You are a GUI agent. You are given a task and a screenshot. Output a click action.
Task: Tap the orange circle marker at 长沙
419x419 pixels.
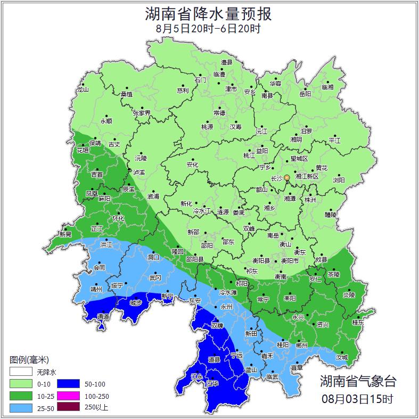pyautogui.click(x=287, y=177)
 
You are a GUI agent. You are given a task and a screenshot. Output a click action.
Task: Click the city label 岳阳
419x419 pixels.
pyautogui.click(x=305, y=94)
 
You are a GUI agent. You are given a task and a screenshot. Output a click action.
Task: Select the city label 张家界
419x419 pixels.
pyautogui.click(x=142, y=113)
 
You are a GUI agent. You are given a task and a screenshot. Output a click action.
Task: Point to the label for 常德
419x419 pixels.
pyautogui.click(x=219, y=113)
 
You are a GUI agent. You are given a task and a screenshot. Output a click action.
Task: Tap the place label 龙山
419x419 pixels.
pyautogui.click(x=83, y=89)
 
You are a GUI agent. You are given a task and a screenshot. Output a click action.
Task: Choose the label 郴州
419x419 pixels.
pyautogui.click(x=301, y=344)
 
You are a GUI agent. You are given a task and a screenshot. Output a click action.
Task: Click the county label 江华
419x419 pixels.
pyautogui.click(x=213, y=383)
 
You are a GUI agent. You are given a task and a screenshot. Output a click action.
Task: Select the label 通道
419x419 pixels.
pyautogui.click(x=103, y=317)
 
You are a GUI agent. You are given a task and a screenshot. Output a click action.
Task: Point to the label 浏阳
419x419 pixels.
pyautogui.click(x=339, y=180)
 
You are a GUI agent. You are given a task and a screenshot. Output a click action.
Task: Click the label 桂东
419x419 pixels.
pyautogui.click(x=358, y=322)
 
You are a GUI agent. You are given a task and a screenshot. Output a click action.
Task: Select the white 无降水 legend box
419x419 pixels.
pyautogui.click(x=20, y=372)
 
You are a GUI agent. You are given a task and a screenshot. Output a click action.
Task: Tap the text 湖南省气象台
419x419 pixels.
pyautogui.click(x=358, y=381)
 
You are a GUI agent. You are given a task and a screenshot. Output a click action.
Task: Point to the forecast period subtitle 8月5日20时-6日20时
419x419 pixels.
pyautogui.click(x=208, y=29)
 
